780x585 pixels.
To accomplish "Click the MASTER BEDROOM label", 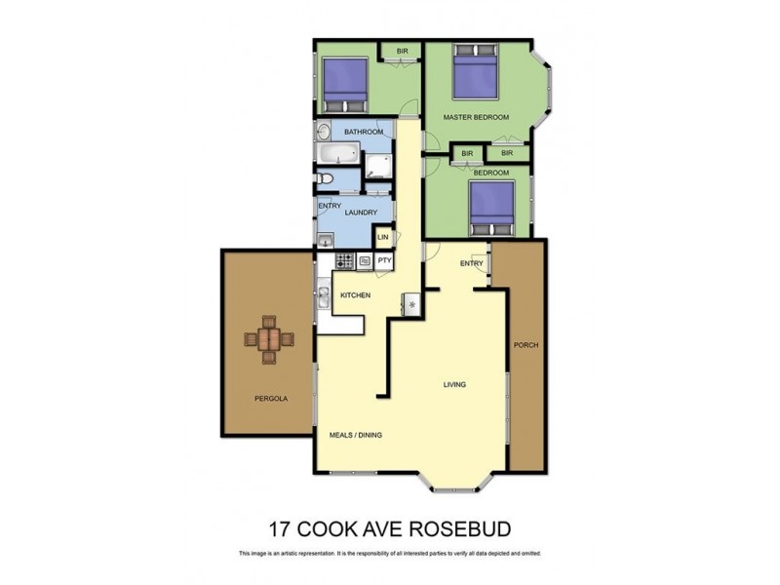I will click(476, 118).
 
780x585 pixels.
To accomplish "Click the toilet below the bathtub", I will click(328, 178).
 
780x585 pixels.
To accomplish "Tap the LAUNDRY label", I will click(360, 213).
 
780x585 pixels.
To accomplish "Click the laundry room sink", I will click(326, 240).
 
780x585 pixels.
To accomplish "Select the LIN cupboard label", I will click(383, 237).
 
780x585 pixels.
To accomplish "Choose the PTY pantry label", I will click(383, 260).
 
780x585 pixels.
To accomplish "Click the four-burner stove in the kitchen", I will click(343, 260).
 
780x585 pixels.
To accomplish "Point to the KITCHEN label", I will click(355, 295).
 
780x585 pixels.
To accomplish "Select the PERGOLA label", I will click(270, 399).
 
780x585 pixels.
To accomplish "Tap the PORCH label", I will click(526, 345).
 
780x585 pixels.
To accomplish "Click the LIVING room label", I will click(454, 384).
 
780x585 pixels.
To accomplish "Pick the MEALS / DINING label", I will click(355, 435).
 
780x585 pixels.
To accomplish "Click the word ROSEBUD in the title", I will click(459, 529).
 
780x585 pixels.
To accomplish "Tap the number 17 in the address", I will click(280, 529).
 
